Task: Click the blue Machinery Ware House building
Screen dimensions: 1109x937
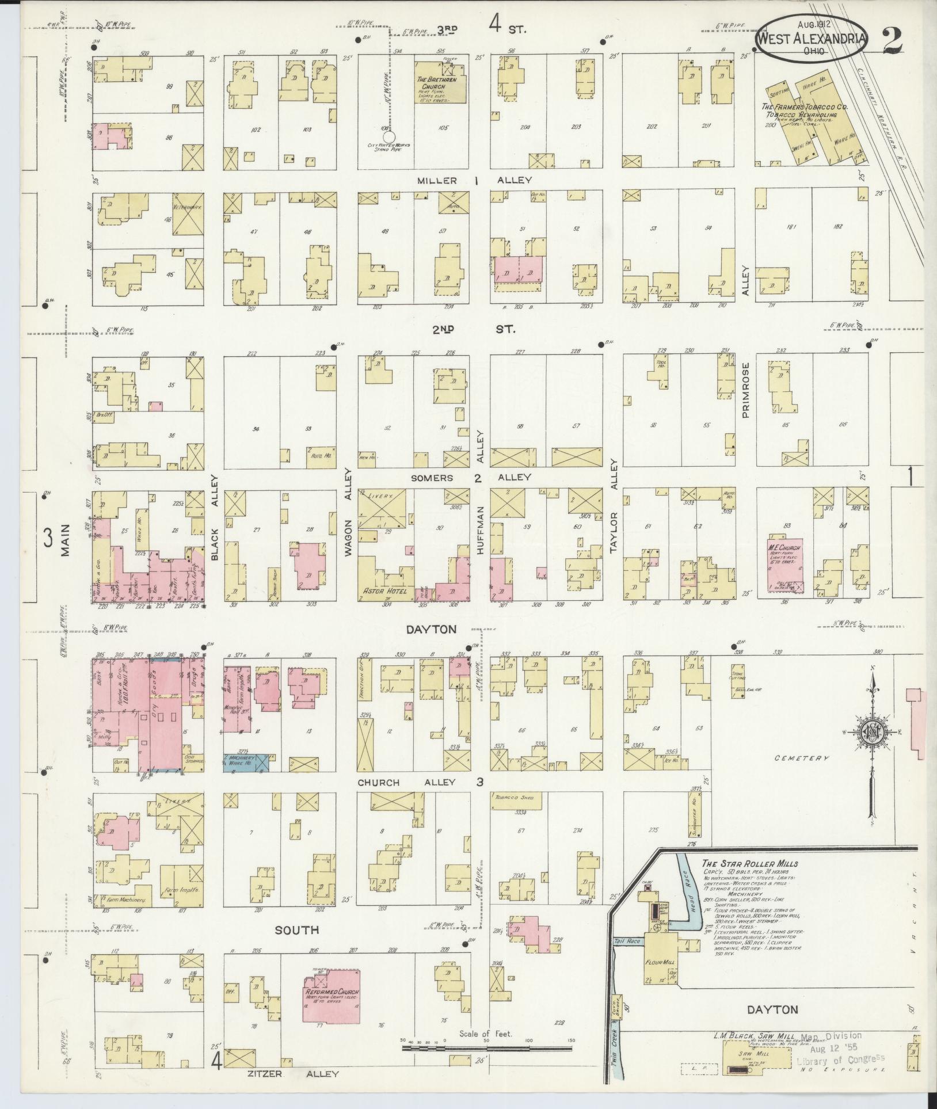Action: click(x=246, y=761)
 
